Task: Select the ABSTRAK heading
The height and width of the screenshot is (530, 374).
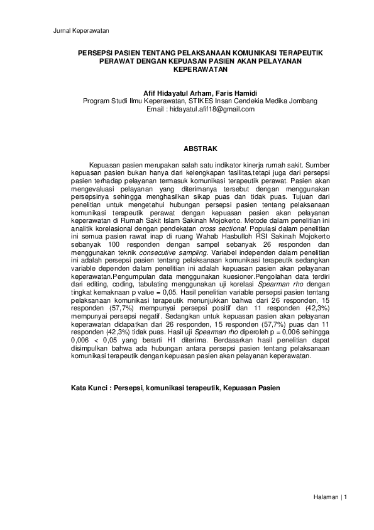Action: point(200,149)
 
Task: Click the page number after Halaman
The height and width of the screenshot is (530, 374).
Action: point(346,497)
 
